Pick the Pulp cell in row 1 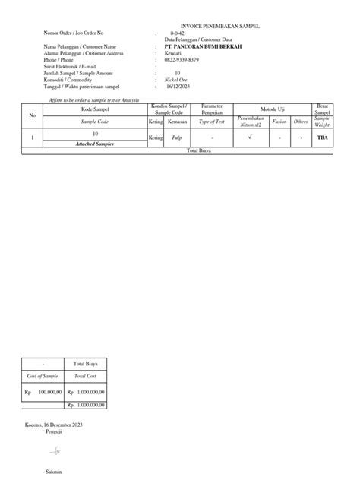click(178, 138)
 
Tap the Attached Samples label click(95, 144)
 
